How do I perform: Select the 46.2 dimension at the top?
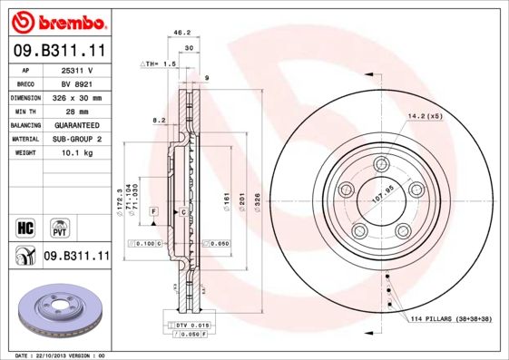(181, 32)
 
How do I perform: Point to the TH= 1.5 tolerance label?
(158, 64)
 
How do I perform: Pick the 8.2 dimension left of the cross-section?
(159, 120)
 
